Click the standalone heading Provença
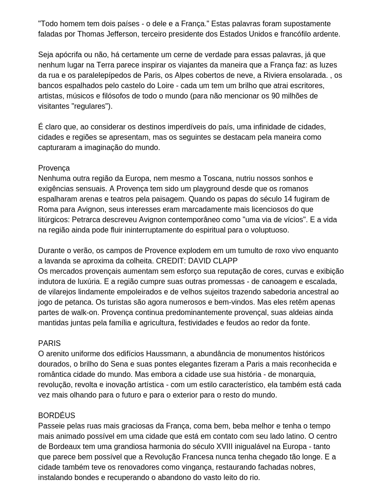pos(54,168)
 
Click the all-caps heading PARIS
pos(50,344)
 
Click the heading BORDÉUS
pos(57,416)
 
